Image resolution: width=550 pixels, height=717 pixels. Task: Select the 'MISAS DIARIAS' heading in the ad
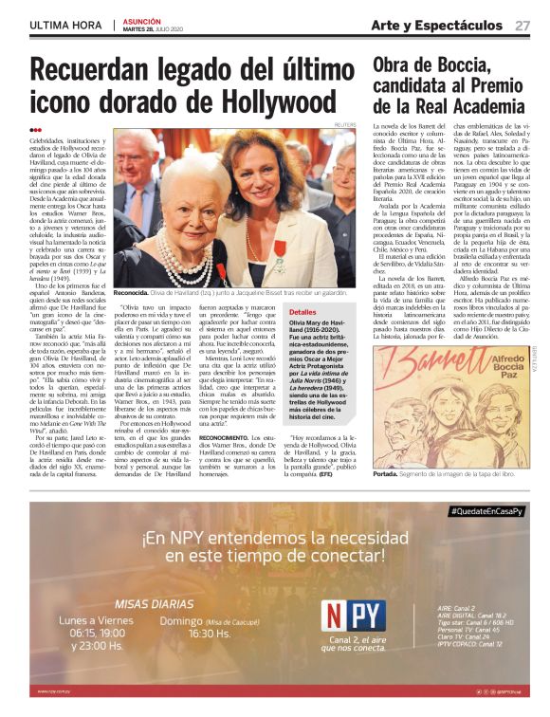pos(154,603)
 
